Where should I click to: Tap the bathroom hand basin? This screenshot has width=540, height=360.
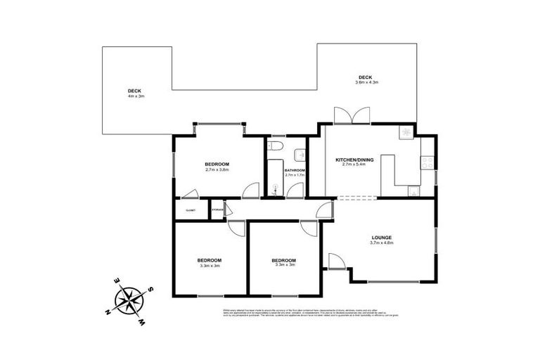click(300, 155)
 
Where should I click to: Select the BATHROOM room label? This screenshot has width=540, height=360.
click(295, 170)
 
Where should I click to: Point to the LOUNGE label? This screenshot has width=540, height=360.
click(382, 237)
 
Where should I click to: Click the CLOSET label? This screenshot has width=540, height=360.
click(190, 210)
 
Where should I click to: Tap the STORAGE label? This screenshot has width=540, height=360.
click(217, 210)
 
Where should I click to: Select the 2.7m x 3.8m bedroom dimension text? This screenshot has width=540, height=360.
click(217, 169)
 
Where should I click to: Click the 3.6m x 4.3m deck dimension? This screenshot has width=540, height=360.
click(366, 83)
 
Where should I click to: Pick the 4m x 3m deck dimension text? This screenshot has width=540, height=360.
click(136, 96)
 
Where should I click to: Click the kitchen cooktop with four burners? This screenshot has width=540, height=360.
click(426, 163)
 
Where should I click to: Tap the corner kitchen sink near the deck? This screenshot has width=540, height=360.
click(406, 131)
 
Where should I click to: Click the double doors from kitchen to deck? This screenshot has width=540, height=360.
click(352, 116)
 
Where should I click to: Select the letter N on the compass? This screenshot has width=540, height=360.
click(107, 311)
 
